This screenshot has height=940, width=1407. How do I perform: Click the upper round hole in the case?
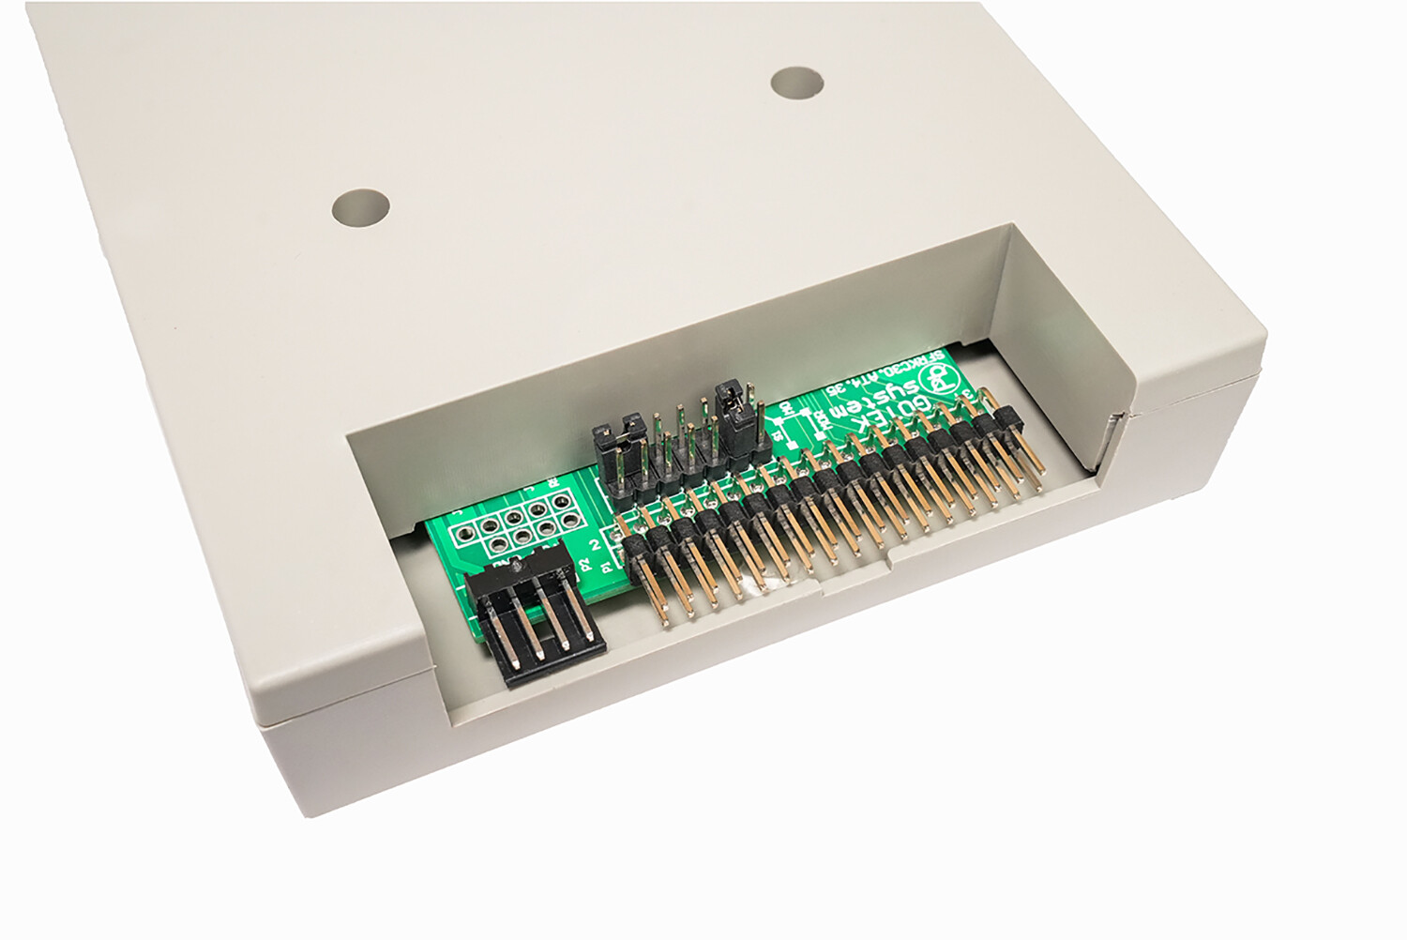pos(796,83)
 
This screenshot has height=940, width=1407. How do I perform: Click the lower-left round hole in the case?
pos(360,207)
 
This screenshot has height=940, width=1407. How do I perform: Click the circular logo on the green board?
pos(938,378)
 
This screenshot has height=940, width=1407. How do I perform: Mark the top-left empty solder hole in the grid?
pos(462,534)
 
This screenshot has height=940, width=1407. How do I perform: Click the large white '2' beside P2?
pos(594,544)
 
